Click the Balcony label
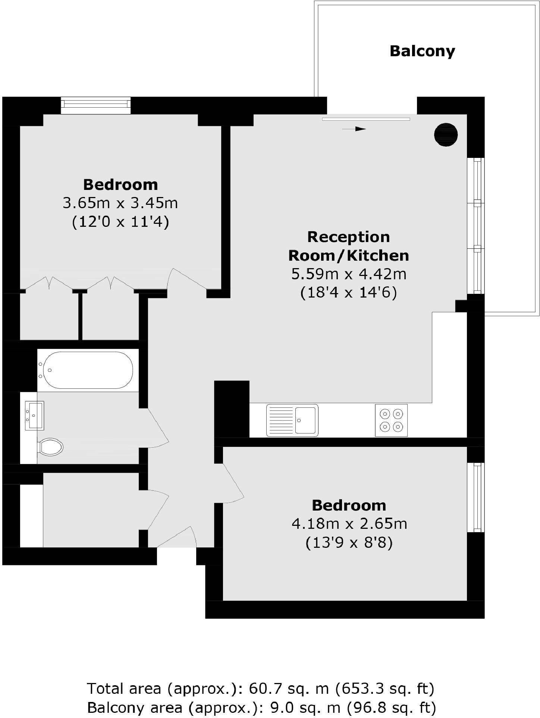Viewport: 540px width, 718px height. tap(422, 51)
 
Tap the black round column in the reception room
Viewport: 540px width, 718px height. tap(446, 134)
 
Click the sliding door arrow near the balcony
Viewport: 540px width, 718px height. tap(354, 129)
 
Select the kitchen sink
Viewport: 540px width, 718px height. tap(292, 420)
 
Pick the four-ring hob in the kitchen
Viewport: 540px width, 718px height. tap(391, 420)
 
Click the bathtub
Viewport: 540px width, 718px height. tap(88, 370)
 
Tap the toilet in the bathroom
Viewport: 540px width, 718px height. tap(51, 447)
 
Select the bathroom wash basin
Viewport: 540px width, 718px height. tap(34, 415)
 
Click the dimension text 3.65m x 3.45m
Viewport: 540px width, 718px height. tap(120, 203)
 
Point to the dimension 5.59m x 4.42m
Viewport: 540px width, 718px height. tap(349, 274)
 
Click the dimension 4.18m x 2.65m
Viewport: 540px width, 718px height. tap(349, 524)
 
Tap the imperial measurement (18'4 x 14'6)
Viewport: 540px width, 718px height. tap(349, 293)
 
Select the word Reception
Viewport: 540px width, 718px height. tap(349, 237)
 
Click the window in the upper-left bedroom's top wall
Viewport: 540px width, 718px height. tap(96, 106)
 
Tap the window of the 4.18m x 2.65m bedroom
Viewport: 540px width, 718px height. tap(476, 497)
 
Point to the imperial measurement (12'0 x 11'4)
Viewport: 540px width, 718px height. tap(120, 222)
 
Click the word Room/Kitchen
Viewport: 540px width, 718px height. tap(349, 256)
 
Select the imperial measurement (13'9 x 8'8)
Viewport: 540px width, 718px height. tap(349, 543)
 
